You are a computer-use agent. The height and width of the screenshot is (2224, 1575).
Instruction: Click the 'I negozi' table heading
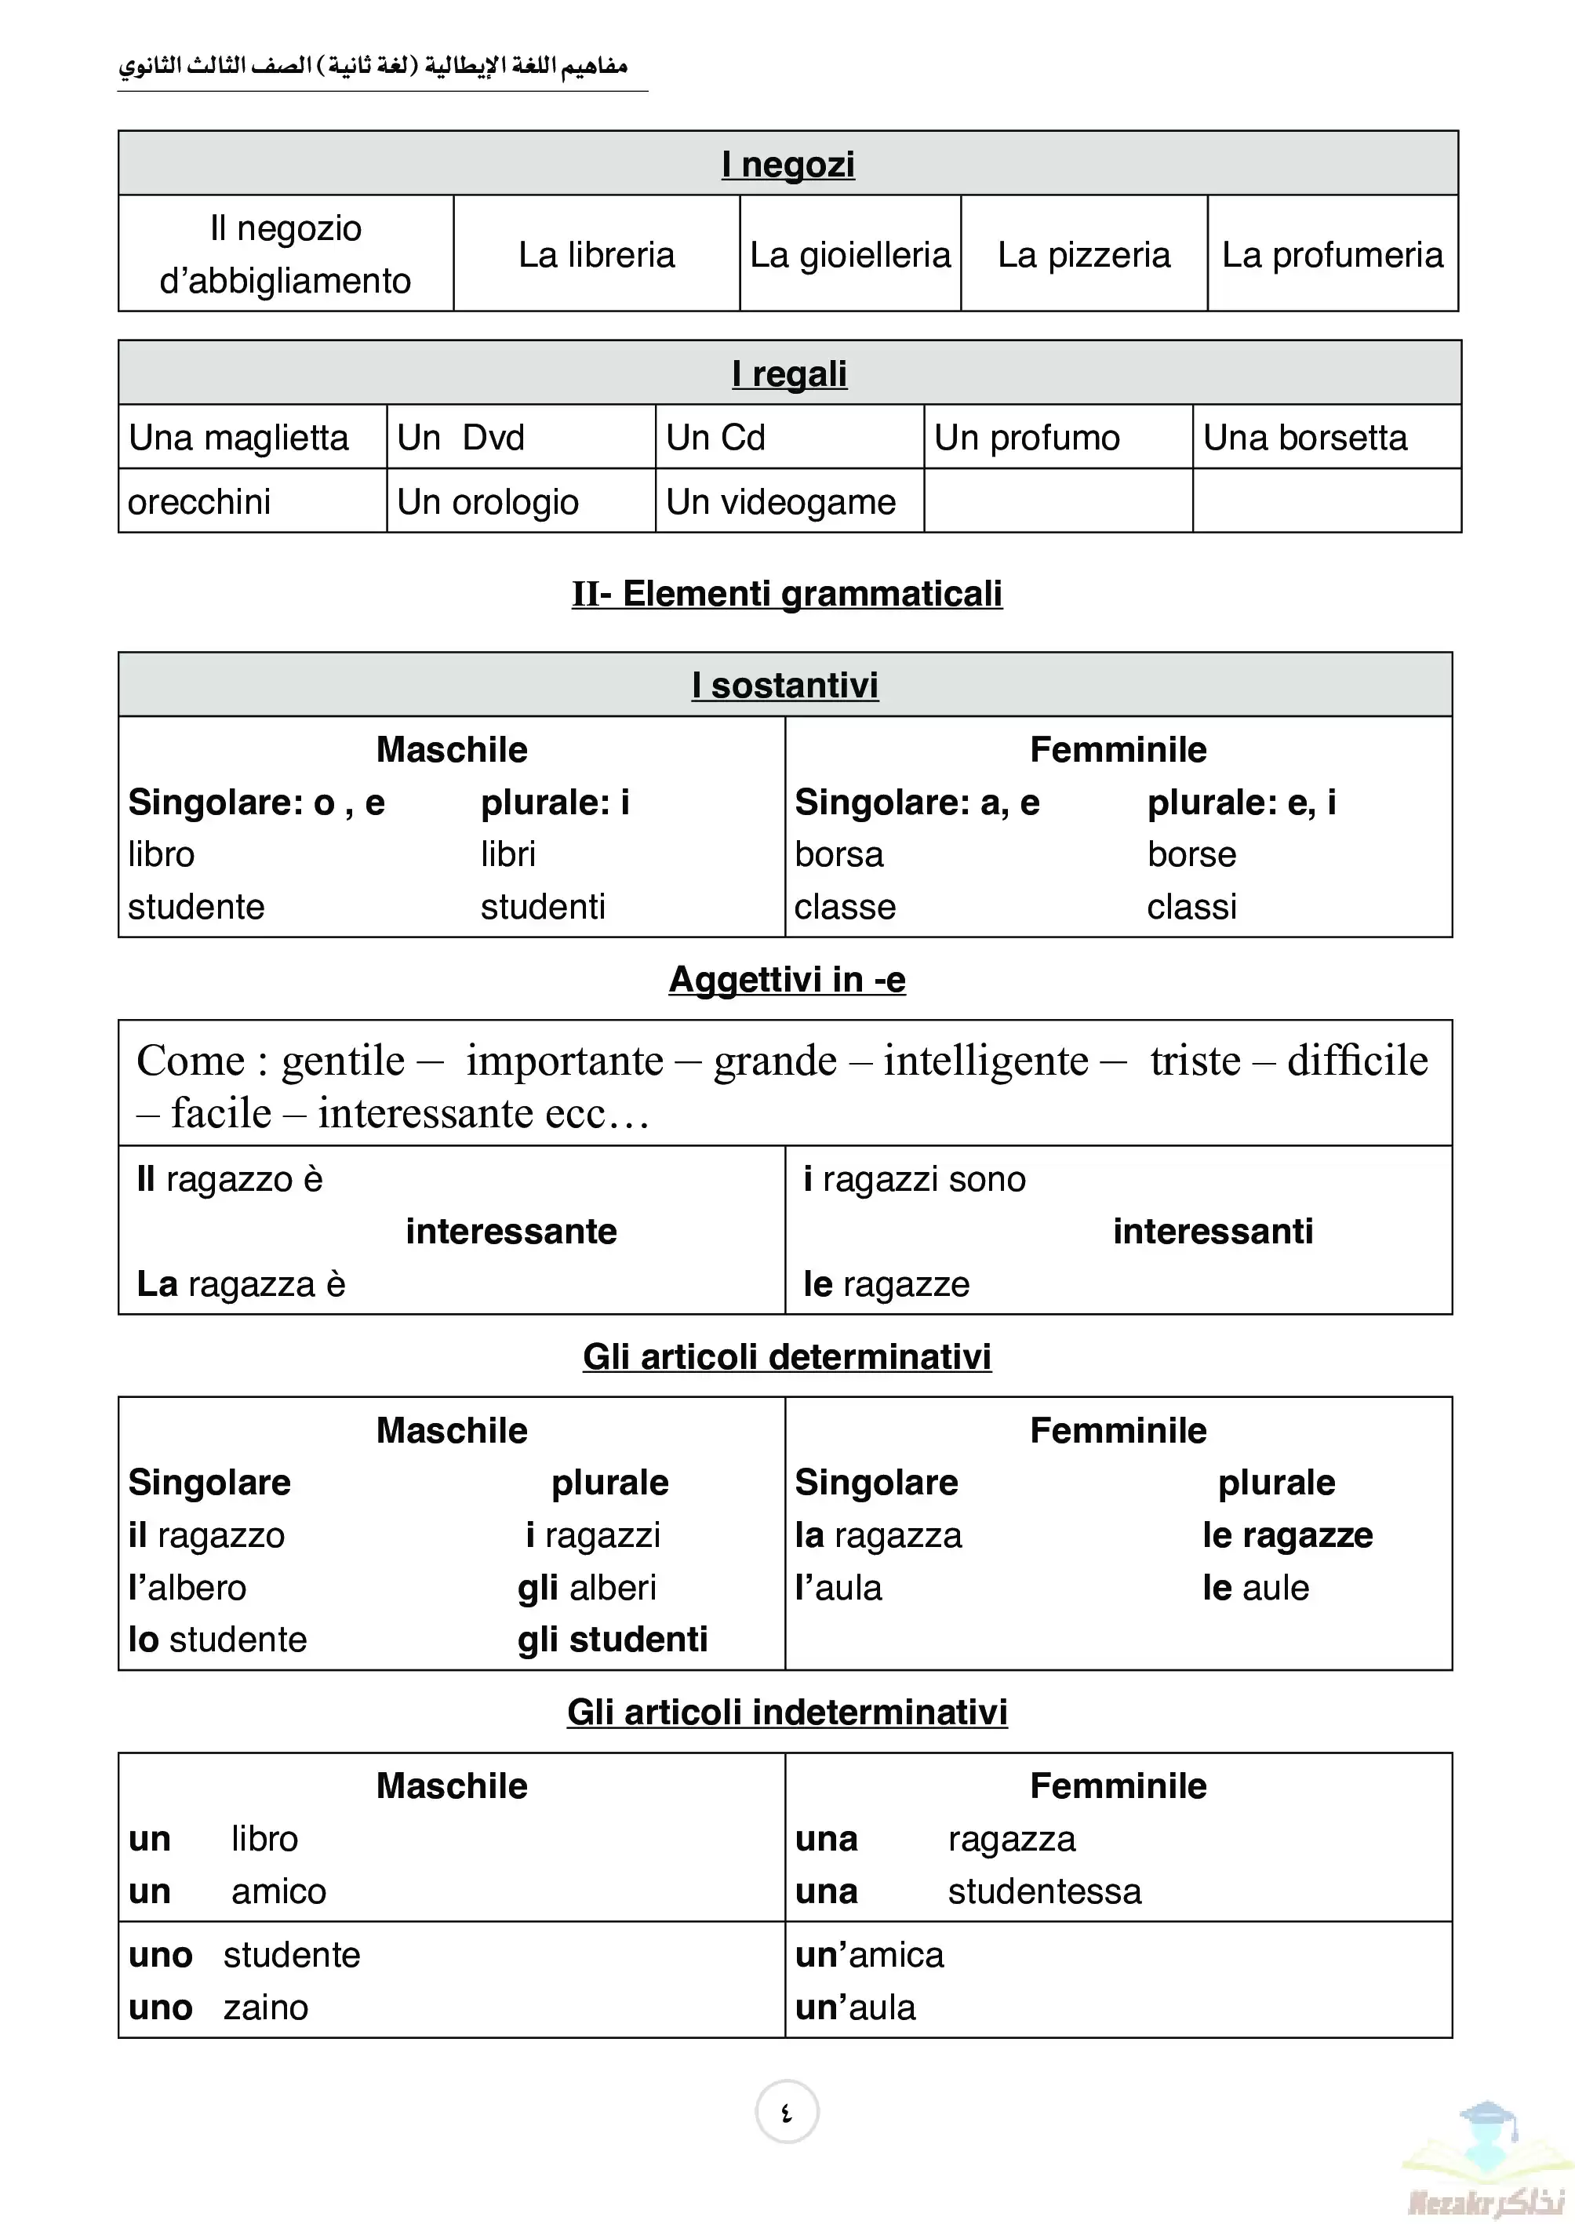point(787,164)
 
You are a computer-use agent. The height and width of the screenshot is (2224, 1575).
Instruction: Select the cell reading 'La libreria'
point(595,255)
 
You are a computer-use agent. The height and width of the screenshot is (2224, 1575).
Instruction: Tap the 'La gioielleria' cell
point(849,255)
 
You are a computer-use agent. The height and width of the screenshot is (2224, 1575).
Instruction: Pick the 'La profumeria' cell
point(1332,255)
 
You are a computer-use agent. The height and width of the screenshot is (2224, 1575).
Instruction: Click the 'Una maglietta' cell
point(238,438)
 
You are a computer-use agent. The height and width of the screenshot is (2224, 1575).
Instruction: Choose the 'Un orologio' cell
point(488,501)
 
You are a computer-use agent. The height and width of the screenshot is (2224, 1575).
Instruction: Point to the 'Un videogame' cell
point(780,501)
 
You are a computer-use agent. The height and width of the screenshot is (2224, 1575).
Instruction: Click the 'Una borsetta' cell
point(1304,438)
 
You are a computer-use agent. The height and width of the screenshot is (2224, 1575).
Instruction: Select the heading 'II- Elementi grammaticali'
point(787,594)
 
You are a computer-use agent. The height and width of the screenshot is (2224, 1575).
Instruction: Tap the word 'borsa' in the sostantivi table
point(839,854)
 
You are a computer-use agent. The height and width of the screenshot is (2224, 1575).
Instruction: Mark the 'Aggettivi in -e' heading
point(787,980)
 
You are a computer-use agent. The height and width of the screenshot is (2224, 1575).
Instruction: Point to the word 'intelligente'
point(985,1060)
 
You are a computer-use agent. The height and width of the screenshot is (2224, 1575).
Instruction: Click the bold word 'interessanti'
point(1213,1231)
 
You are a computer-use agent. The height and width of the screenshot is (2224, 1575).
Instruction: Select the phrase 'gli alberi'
point(587,1588)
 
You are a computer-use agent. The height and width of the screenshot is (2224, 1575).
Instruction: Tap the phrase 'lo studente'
point(217,1639)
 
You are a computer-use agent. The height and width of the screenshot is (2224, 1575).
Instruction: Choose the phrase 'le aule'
point(1255,1588)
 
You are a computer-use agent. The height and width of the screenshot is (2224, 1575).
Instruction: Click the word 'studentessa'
point(1045,1891)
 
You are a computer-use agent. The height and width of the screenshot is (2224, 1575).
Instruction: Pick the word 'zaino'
point(266,2007)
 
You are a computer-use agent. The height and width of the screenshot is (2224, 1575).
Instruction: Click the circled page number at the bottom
point(787,2112)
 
